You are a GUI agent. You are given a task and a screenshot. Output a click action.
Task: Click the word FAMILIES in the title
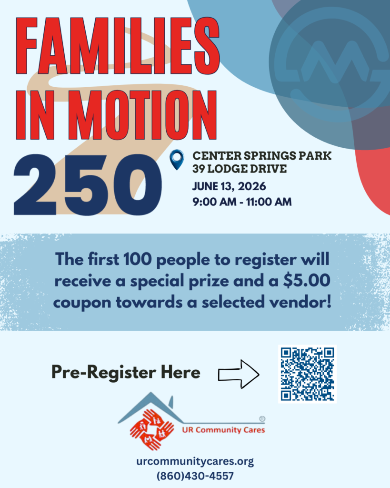[x=118, y=46]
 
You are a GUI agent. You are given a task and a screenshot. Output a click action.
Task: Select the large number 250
[x=88, y=184]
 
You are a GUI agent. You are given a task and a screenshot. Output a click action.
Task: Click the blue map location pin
[x=177, y=160]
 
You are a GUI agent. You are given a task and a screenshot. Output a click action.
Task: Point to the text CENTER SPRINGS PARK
[x=262, y=156]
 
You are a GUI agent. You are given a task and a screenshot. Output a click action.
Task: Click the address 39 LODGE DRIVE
[x=240, y=169]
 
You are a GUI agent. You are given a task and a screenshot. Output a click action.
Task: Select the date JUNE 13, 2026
[x=229, y=186]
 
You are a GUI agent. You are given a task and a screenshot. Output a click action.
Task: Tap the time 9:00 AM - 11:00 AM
[x=242, y=202]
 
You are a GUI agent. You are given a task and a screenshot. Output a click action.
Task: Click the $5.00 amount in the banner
[x=306, y=280]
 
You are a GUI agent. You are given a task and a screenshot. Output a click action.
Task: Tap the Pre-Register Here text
[x=126, y=372]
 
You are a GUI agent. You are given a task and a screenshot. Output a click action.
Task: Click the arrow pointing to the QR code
[x=239, y=374]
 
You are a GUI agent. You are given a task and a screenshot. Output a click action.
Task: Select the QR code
[x=307, y=374]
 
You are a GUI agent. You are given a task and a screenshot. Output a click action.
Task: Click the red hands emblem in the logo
[x=152, y=429]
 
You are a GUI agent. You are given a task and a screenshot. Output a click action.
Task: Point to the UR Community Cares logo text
[x=223, y=430]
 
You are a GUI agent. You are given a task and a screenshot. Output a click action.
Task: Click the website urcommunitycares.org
[x=195, y=461]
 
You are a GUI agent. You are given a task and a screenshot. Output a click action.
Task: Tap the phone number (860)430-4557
[x=195, y=476]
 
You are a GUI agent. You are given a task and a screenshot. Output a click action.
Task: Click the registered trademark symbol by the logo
[x=262, y=419]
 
